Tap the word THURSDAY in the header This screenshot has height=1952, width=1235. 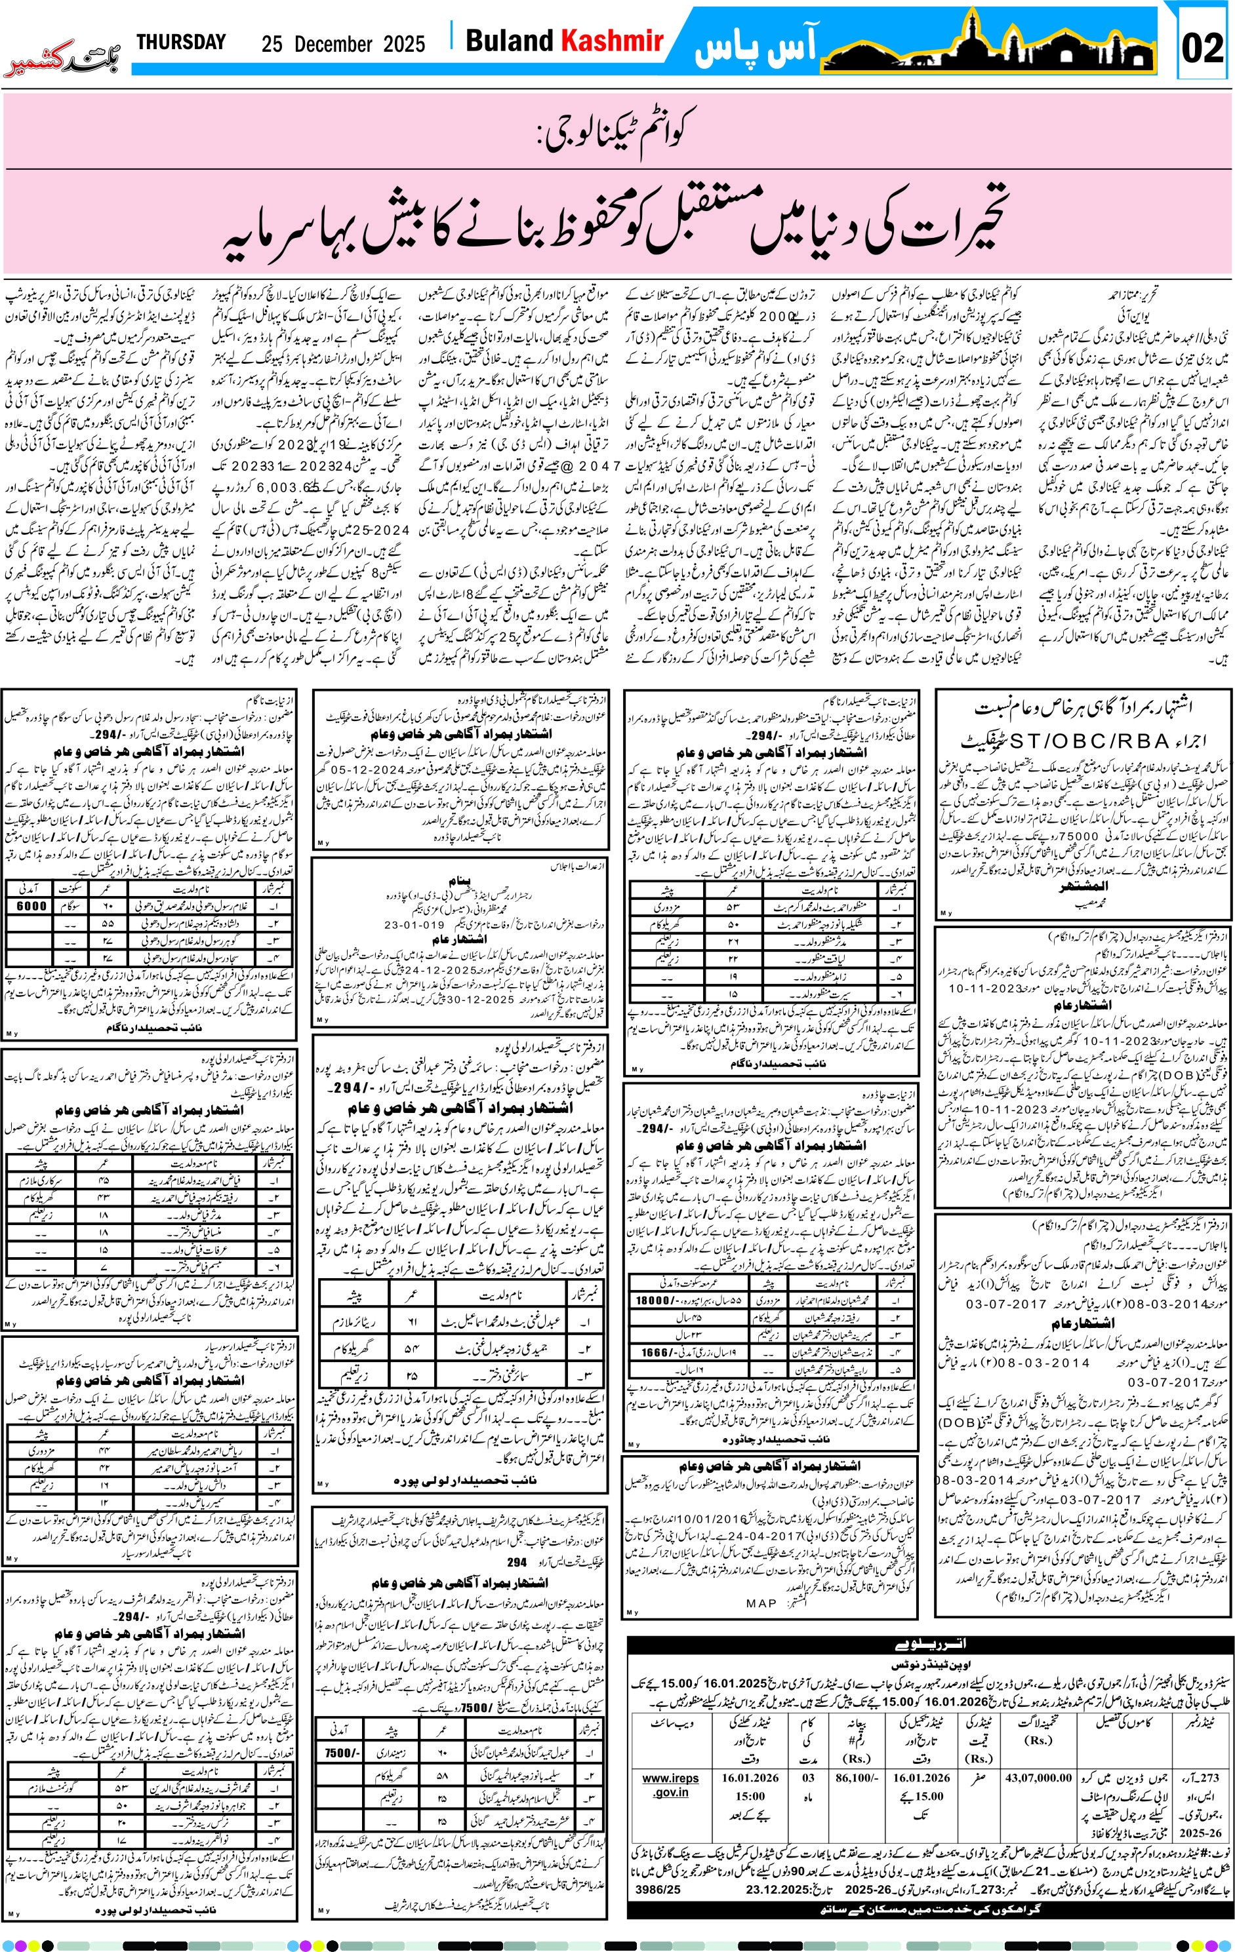181,42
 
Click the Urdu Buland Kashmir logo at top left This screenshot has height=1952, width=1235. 62,60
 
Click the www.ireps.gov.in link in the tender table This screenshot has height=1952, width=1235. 670,1784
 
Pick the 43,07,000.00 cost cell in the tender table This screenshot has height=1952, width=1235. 1038,1778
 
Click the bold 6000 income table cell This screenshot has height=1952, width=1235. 31,905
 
